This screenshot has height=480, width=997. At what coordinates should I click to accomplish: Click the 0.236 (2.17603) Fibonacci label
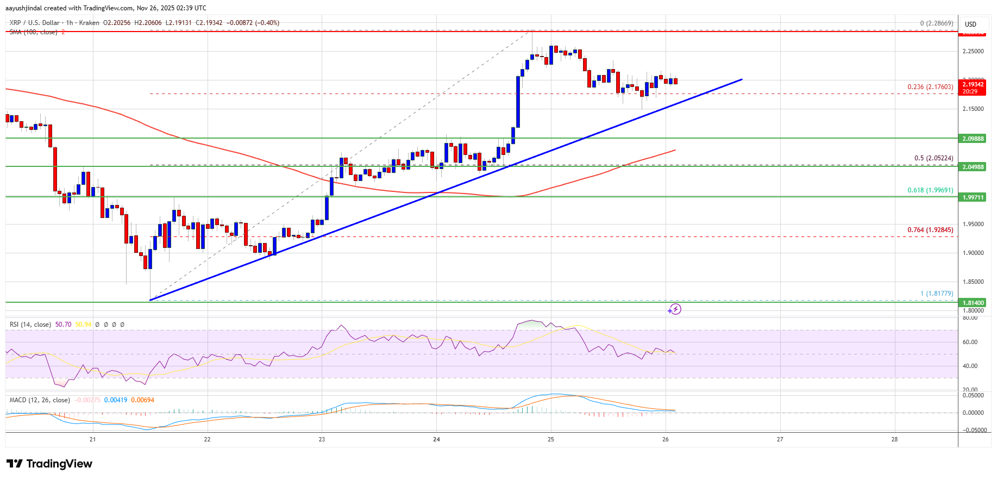pos(930,87)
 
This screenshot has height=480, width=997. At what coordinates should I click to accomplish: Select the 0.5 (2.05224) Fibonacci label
pos(933,158)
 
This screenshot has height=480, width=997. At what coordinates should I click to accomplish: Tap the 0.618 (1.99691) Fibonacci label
pos(930,190)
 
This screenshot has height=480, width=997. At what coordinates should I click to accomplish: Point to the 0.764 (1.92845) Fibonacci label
pos(930,230)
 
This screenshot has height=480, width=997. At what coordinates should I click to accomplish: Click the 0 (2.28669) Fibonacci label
pos(936,23)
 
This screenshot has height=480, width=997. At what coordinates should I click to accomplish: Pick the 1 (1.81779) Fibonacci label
pos(936,294)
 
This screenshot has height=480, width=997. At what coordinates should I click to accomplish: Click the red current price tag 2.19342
pos(973,84)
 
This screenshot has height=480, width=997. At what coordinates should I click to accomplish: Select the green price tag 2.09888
pos(973,139)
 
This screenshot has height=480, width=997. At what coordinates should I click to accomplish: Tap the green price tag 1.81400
pos(973,303)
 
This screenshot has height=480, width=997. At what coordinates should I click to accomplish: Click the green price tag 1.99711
pos(973,197)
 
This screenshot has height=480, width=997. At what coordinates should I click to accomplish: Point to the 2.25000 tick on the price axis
pos(973,52)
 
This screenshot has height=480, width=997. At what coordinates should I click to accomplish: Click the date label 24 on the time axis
pos(436,439)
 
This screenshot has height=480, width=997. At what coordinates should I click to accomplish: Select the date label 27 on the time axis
pos(780,439)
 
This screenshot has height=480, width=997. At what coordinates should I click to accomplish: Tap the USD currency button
pos(970,24)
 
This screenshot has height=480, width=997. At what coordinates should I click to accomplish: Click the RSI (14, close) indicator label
pos(30,325)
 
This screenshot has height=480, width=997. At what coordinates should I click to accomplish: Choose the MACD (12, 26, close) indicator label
pos(40,400)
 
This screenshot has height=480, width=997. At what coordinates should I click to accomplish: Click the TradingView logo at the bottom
pos(49,464)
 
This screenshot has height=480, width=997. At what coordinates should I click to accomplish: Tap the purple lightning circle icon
pos(674,309)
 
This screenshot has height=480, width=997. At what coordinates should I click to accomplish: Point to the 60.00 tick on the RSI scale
pos(970,342)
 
